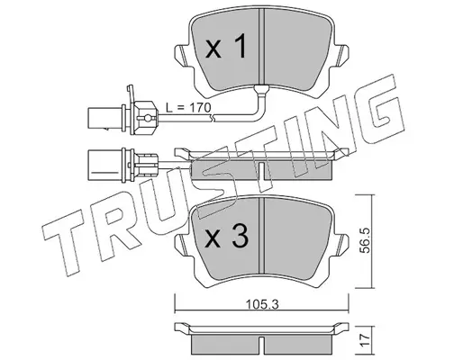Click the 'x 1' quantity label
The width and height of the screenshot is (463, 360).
point(226,46)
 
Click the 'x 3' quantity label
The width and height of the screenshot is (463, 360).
point(227,236)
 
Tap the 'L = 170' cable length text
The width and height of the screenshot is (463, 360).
point(189,107)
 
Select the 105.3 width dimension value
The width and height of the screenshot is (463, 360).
point(262,305)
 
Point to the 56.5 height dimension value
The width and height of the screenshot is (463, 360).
point(366,240)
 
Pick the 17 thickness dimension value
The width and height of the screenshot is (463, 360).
point(366,341)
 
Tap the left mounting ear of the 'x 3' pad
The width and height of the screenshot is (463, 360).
point(183,245)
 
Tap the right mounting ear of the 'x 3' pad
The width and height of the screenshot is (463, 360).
point(340,245)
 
